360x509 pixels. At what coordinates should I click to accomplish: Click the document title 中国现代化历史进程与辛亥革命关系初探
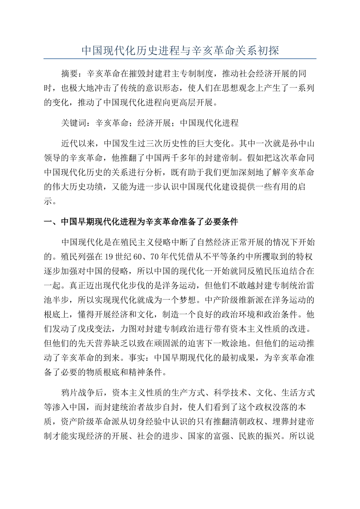click(x=180, y=51)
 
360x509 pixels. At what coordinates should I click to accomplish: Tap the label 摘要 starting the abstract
click(x=70, y=73)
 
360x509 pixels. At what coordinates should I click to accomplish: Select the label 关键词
click(x=74, y=123)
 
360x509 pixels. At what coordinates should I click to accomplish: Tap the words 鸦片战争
click(x=78, y=392)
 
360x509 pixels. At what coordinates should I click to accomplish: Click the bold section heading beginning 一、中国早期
click(x=141, y=222)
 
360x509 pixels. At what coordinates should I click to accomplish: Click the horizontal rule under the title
click(x=180, y=59)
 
